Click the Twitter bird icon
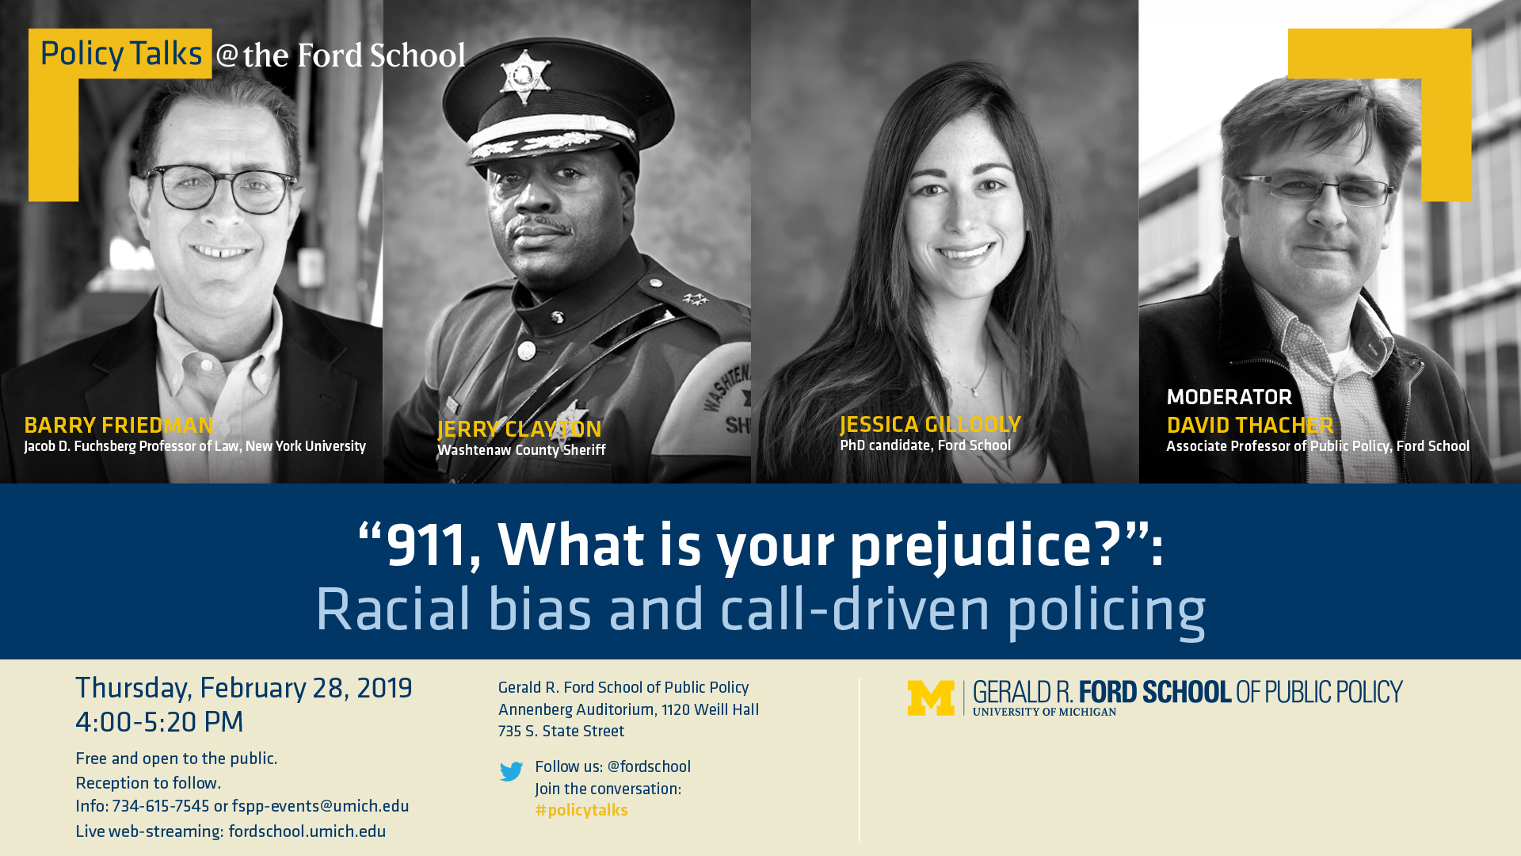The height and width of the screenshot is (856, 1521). [x=511, y=771]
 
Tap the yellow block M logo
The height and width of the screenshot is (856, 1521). [x=931, y=698]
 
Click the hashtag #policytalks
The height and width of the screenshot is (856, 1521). [x=581, y=811]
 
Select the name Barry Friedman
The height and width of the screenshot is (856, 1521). [x=119, y=426]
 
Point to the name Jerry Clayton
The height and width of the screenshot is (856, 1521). [x=520, y=430]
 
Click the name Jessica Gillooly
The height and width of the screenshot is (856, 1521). [x=930, y=425]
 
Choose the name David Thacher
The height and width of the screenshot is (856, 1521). [x=1250, y=426]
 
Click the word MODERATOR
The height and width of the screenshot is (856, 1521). [x=1229, y=397]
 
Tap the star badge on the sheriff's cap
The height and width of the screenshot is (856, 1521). [x=523, y=77]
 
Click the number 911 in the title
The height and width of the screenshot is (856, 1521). [x=428, y=545]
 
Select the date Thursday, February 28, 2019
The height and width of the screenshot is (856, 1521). [x=244, y=689]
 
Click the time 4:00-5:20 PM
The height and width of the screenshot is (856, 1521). [x=159, y=722]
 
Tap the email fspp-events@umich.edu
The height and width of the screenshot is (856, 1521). [x=321, y=807]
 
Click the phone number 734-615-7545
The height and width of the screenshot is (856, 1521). [x=161, y=807]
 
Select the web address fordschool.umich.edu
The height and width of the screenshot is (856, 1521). [x=307, y=832]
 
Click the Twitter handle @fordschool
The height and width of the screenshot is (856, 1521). [x=649, y=767]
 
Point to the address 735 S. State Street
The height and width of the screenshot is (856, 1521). [x=561, y=732]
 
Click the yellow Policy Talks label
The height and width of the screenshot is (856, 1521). [x=120, y=54]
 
